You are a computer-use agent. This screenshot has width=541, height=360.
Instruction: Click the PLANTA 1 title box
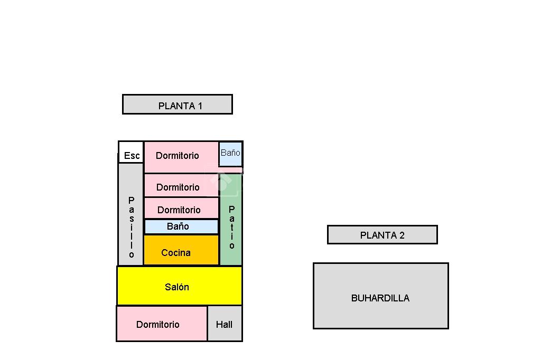click(177, 104)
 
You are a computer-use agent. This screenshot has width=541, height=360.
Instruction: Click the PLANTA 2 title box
click(382, 235)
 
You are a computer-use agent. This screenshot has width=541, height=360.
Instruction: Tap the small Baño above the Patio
click(230, 153)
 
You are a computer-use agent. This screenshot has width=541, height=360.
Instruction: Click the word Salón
click(177, 287)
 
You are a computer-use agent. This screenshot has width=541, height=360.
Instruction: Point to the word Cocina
click(176, 253)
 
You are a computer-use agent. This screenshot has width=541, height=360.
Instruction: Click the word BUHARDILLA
click(380, 298)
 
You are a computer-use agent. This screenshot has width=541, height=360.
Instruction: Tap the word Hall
click(224, 325)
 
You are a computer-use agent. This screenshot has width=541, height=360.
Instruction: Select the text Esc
click(132, 156)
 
